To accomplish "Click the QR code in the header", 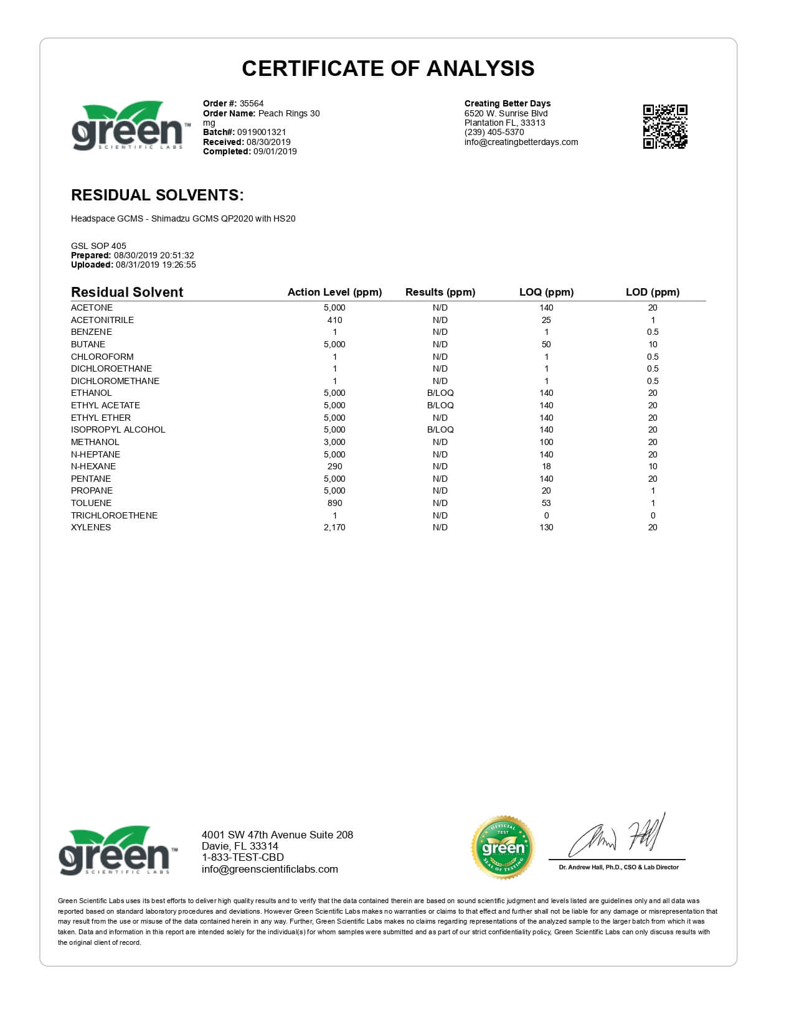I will point(664,127).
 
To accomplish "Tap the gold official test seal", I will point(503,847).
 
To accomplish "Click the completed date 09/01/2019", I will point(275,151).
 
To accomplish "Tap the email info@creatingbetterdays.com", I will point(521,142).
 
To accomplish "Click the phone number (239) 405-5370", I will point(494,132).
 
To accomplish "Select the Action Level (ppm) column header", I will point(334,292).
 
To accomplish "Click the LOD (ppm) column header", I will point(652,292).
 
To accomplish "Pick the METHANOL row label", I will point(95,442).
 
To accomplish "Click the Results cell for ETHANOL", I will point(440,393).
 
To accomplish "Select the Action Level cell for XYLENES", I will point(334,527).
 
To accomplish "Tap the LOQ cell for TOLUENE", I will point(546,503).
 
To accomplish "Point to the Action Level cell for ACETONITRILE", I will point(334,320).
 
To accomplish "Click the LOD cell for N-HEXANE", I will point(652,466).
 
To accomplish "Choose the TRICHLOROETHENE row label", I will point(114,515).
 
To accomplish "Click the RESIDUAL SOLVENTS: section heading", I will point(157,195).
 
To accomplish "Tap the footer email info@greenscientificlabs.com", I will point(270,870).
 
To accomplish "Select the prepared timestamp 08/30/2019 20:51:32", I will point(154,255).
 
